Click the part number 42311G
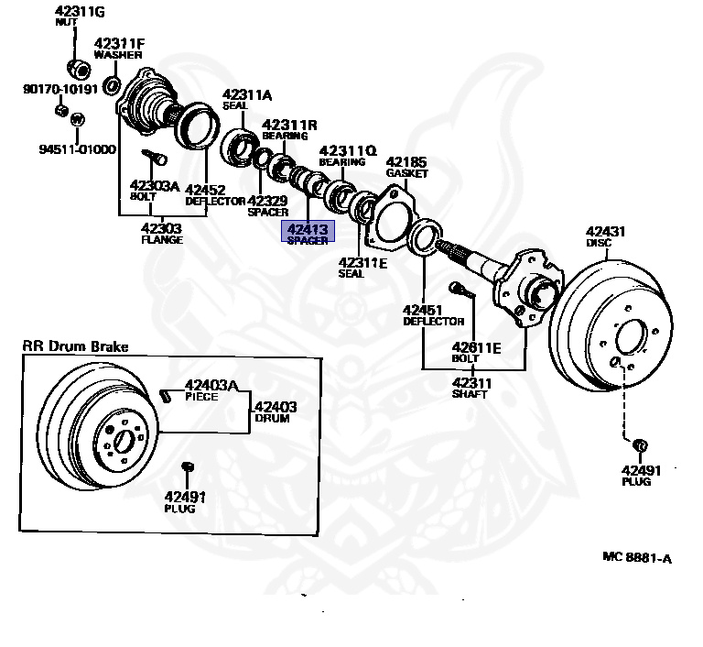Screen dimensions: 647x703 pyautogui.click(x=80, y=10)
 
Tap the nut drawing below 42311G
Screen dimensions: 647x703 pyautogui.click(x=79, y=68)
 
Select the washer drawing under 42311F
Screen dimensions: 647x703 pyautogui.click(x=112, y=86)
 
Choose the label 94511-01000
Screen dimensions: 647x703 pyautogui.click(x=77, y=148)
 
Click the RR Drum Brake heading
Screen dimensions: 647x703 pyautogui.click(x=76, y=346)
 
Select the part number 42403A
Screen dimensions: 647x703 pyautogui.click(x=211, y=385)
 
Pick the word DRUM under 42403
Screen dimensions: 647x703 pyautogui.click(x=272, y=419)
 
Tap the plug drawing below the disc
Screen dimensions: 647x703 pyautogui.click(x=640, y=445)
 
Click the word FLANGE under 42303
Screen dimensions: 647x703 pyautogui.click(x=161, y=240)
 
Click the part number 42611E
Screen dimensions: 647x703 pyautogui.click(x=476, y=347)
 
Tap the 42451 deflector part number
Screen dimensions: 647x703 pyautogui.click(x=423, y=310)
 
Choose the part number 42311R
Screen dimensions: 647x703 pyautogui.click(x=289, y=125)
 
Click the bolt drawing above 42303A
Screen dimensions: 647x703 pyautogui.click(x=152, y=159)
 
